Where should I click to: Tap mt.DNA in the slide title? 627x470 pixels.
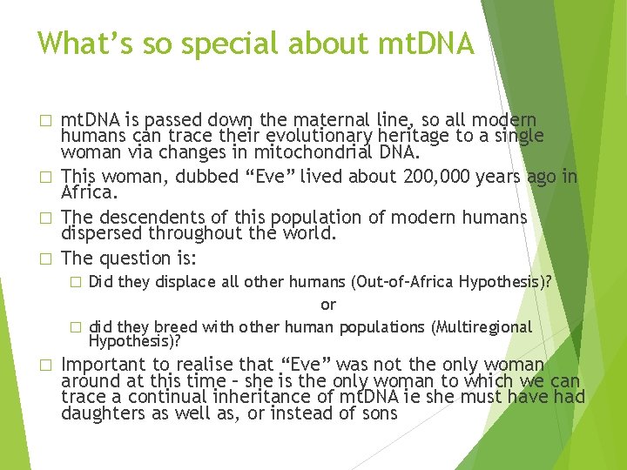point(425,43)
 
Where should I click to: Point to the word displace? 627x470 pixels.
point(185,281)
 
